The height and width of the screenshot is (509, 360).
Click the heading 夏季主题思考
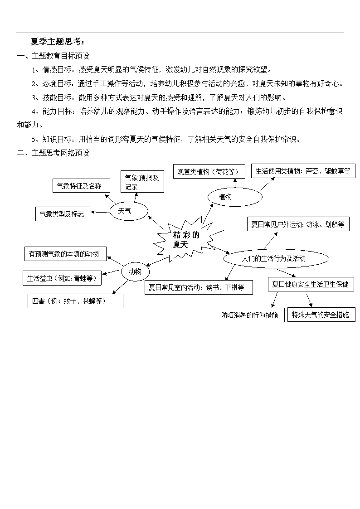[58, 42]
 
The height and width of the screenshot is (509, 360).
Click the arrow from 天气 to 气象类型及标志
[100, 212]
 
